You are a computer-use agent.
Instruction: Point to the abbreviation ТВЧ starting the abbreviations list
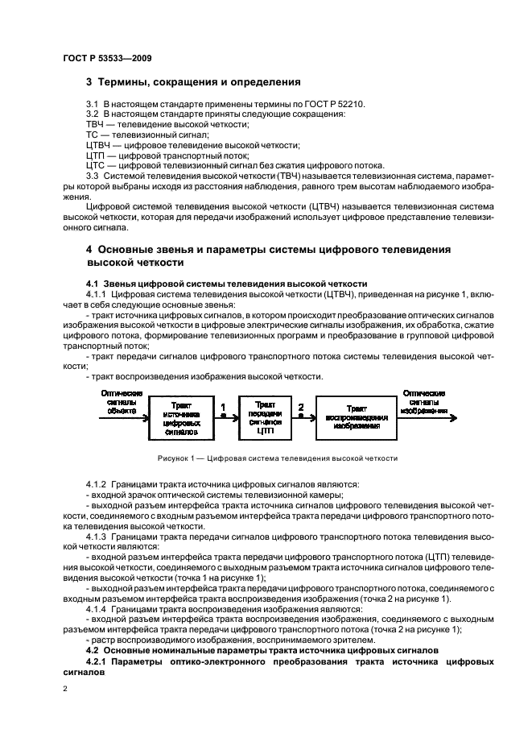click(96, 126)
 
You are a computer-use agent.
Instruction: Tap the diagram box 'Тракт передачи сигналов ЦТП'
click(265, 416)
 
